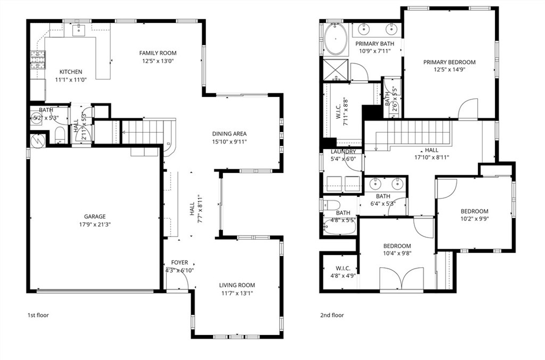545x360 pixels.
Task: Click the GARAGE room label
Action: click(x=95, y=217)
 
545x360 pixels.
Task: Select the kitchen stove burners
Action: click(x=37, y=60)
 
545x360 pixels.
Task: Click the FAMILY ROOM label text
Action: click(x=158, y=53)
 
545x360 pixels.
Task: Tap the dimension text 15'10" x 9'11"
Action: click(x=229, y=142)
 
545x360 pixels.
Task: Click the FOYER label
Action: click(x=179, y=263)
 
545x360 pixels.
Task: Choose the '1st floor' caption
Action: click(x=38, y=315)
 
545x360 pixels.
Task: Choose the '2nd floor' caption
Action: click(x=333, y=315)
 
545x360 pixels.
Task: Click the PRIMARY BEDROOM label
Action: click(x=449, y=62)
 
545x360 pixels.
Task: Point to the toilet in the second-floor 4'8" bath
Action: click(x=330, y=206)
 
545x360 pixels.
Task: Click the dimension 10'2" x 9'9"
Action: click(x=474, y=219)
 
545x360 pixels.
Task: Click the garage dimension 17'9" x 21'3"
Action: click(x=95, y=224)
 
